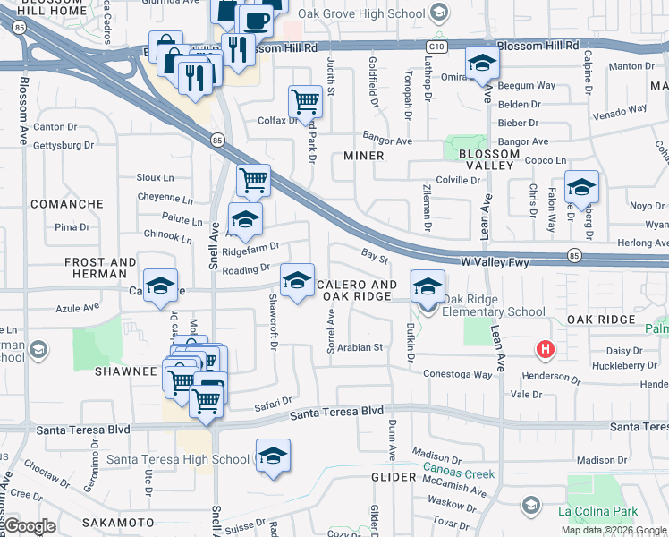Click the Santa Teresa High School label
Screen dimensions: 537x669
coord(178,460)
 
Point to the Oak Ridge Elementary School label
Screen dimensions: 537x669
coord(494,312)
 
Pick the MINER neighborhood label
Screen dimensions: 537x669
coord(364,156)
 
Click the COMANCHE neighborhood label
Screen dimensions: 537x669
coord(67,204)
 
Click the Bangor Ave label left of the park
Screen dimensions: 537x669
coord(392,141)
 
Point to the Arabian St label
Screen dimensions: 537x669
coord(360,347)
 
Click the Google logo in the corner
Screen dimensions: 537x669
coord(30,526)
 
